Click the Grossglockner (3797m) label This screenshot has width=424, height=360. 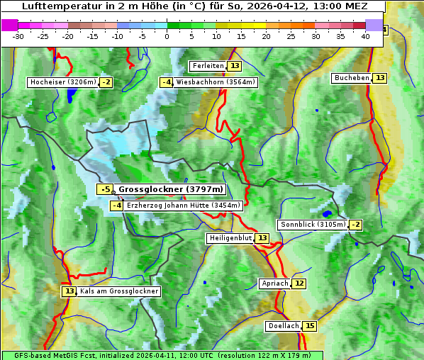coord(170,189)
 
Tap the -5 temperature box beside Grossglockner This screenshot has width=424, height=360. coord(105,189)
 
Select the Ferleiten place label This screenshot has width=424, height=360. coord(208,66)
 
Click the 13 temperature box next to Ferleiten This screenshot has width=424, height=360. coord(235,66)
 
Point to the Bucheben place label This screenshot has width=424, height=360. coord(352,78)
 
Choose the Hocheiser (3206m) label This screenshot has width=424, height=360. coord(62,82)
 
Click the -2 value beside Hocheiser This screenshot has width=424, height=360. coord(106,82)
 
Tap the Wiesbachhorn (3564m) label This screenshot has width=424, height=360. coord(216,82)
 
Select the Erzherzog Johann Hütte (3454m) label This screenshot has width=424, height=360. coord(184,206)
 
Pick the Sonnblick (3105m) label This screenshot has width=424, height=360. coord(313,225)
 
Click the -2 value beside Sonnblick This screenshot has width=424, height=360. coord(356,225)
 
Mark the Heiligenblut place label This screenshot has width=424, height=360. coord(230,238)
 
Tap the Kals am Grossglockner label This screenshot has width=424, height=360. coord(119,291)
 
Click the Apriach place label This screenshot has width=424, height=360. coord(275,283)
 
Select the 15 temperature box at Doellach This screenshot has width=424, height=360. coord(310,327)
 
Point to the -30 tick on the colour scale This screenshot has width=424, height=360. coord(18,36)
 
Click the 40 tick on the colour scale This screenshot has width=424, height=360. coord(365,36)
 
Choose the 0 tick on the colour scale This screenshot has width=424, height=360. coord(167,36)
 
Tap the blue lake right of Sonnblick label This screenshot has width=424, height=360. coord(327,213)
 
